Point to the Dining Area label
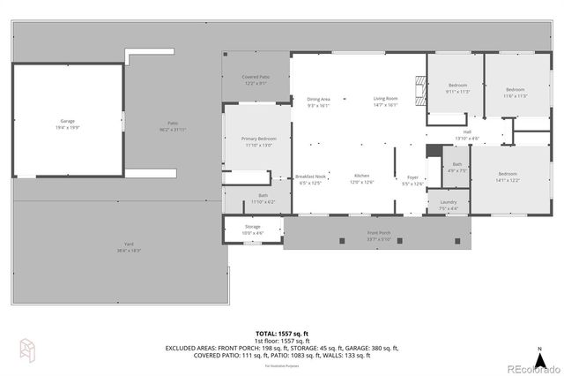point(318,101)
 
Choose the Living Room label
point(385,101)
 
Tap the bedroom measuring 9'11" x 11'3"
point(457,89)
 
